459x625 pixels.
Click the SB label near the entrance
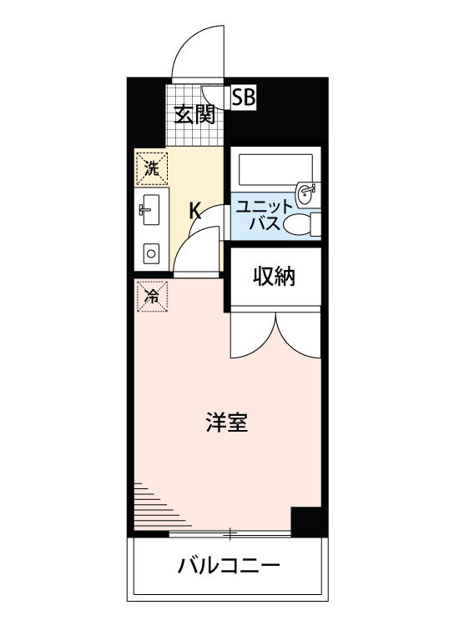244,97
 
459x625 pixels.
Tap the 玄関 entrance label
194,113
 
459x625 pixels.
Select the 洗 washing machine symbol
151,167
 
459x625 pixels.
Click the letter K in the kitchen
194,210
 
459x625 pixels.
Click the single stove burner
152,252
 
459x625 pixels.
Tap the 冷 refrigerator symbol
152,296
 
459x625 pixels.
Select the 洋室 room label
226,422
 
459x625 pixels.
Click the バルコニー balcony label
227,569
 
